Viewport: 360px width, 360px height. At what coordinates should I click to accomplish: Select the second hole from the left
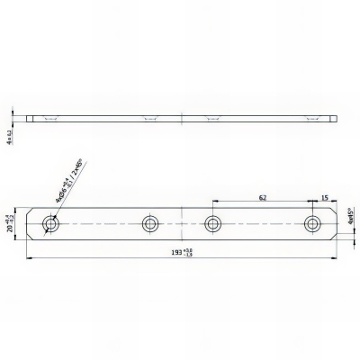[149, 223]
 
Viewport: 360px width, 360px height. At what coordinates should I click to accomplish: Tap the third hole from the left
[213, 223]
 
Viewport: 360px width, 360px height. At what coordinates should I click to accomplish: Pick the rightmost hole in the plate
[312, 223]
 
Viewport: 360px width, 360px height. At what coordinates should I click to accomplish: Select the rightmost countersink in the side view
[312, 116]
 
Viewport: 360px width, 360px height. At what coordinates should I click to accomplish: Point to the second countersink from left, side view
[149, 116]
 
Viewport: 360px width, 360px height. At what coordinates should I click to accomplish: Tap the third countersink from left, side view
[213, 116]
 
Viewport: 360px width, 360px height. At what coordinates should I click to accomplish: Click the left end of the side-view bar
[29, 118]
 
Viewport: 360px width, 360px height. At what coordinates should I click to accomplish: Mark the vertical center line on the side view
[181, 118]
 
